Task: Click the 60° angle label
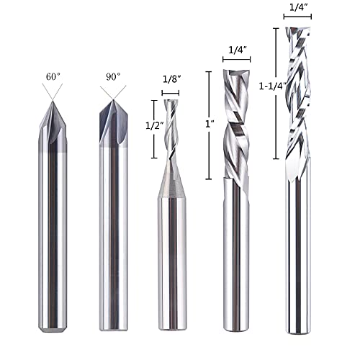pyautogui.click(x=53, y=77)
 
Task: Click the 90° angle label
pyautogui.click(x=113, y=77)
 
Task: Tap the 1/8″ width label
pyautogui.click(x=171, y=79)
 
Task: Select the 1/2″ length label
pyautogui.click(x=155, y=125)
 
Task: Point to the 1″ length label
pyautogui.click(x=210, y=124)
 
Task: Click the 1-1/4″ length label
pyautogui.click(x=273, y=86)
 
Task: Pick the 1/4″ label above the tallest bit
pyautogui.click(x=298, y=7)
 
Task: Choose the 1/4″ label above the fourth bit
pyautogui.click(x=238, y=50)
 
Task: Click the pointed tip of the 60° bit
pyautogui.click(x=53, y=102)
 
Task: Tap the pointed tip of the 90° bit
pyautogui.click(x=113, y=100)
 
